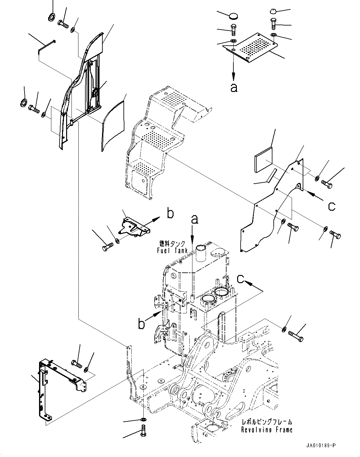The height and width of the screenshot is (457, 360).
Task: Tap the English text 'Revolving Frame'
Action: tap(267, 430)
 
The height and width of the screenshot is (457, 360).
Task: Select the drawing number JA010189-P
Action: tap(320, 446)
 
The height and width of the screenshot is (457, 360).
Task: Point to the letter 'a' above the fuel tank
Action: tap(195, 220)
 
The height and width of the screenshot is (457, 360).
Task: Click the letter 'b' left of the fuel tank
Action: tap(142, 323)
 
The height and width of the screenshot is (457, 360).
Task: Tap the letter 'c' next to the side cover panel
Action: tap(331, 206)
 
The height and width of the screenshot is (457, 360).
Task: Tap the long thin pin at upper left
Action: tap(47, 44)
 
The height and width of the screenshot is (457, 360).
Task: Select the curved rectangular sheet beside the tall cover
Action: tap(113, 124)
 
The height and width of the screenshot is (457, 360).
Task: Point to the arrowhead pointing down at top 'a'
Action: tap(234, 76)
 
